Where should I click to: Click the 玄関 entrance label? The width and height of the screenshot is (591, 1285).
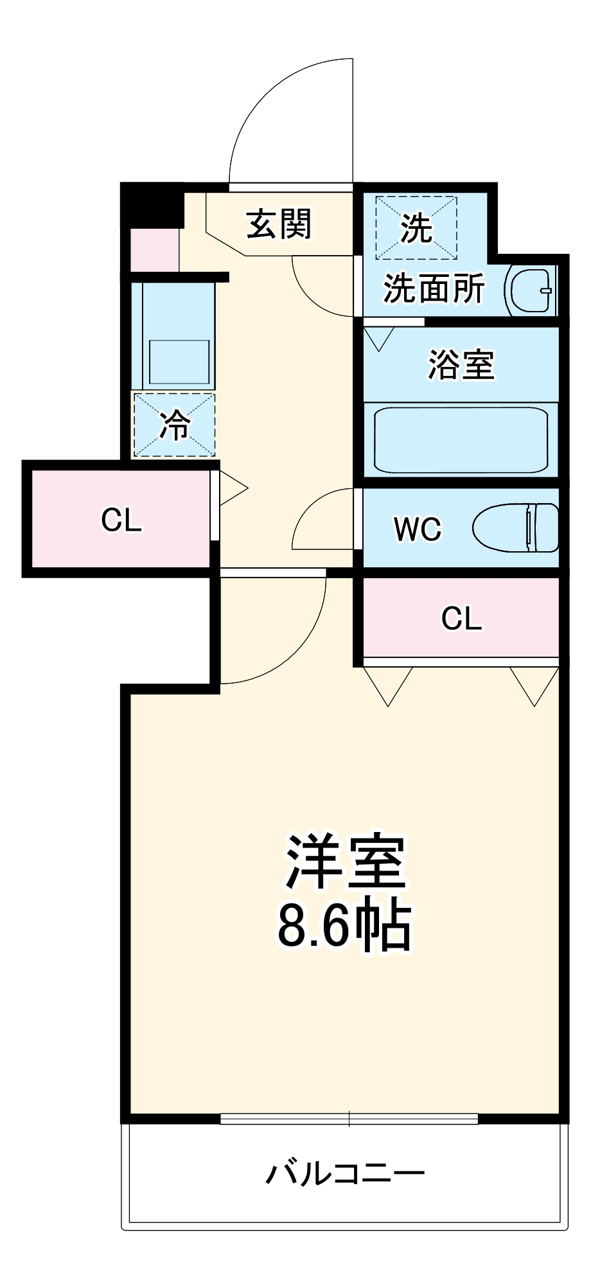click(x=279, y=224)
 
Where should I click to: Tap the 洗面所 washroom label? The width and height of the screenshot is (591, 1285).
click(x=434, y=288)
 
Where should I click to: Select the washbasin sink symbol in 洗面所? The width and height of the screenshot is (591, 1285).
click(x=531, y=290)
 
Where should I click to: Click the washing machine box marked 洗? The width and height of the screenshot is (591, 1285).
click(x=416, y=227)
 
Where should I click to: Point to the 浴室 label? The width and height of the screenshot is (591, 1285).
click(x=461, y=364)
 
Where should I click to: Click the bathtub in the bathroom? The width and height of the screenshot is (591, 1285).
click(x=461, y=440)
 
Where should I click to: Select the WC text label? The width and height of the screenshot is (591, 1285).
click(x=418, y=529)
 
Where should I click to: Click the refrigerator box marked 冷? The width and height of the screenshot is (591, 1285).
click(x=174, y=425)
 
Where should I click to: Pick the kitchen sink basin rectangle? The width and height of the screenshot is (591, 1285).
click(x=179, y=362)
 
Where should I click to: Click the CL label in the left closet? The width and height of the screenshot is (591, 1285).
click(x=121, y=520)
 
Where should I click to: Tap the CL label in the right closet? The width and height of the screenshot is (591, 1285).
click(x=461, y=618)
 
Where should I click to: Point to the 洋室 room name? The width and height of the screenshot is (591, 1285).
click(x=345, y=862)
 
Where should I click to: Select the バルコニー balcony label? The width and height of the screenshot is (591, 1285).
click(x=345, y=1173)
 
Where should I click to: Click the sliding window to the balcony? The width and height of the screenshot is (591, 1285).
click(x=349, y=1119)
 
